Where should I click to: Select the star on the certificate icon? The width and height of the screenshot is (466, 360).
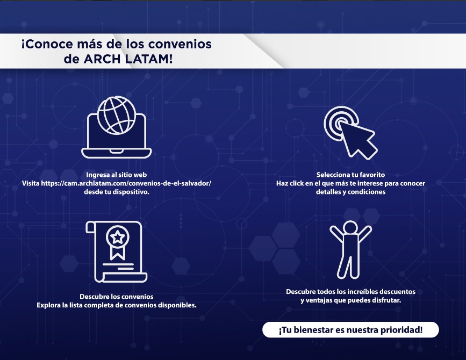(116, 236)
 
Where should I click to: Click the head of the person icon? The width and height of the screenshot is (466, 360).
(350, 227)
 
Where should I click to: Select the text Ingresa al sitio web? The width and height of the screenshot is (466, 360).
(116, 175)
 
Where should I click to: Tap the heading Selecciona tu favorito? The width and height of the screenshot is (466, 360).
(350, 175)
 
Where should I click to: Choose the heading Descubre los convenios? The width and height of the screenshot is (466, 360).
(116, 297)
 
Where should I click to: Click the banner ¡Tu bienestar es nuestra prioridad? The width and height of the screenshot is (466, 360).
(350, 330)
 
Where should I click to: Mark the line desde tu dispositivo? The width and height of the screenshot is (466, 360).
(116, 192)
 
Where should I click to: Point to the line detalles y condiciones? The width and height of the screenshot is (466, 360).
(350, 192)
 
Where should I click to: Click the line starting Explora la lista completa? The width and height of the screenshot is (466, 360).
(116, 305)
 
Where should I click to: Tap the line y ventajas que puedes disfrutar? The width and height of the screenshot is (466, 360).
(350, 300)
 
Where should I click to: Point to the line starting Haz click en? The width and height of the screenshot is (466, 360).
(350, 183)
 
